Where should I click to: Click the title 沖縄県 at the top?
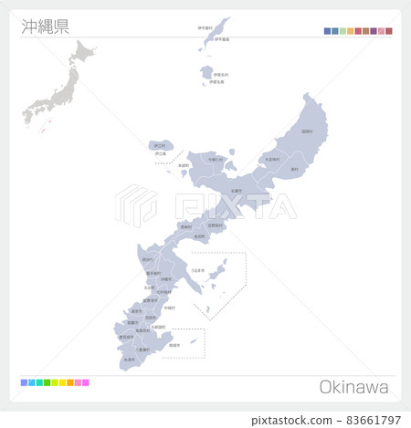(x=45, y=25)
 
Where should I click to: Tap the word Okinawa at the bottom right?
(x=353, y=387)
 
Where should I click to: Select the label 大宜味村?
(x=271, y=159)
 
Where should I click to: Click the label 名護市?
(x=237, y=190)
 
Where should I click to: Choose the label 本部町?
(x=184, y=165)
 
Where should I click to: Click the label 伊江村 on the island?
(x=160, y=145)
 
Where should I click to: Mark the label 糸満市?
(x=128, y=359)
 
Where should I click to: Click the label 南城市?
(x=174, y=346)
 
